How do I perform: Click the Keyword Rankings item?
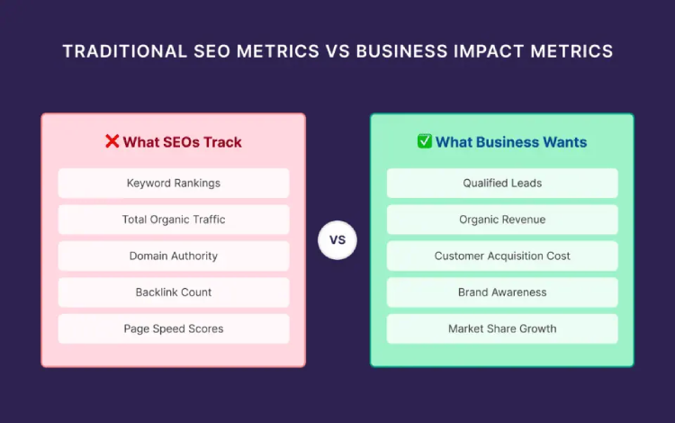coord(174,183)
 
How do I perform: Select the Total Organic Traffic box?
coord(174,220)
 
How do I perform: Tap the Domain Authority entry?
coord(174,256)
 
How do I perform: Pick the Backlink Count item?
coord(174,292)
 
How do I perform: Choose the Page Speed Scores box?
coord(174,328)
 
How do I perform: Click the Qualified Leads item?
coord(502,183)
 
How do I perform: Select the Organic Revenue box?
coord(502,220)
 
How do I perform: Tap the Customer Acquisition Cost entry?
coord(502,256)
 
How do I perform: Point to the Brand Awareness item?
coord(502,292)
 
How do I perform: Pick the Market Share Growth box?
coord(502,328)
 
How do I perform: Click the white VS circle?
coord(337,240)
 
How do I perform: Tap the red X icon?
coord(112,141)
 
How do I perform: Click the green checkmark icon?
coord(425,141)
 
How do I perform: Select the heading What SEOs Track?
coord(183,142)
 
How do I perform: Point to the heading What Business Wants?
coord(511,142)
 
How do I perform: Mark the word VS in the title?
coord(336,51)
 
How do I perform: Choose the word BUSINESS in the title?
coord(399,51)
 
